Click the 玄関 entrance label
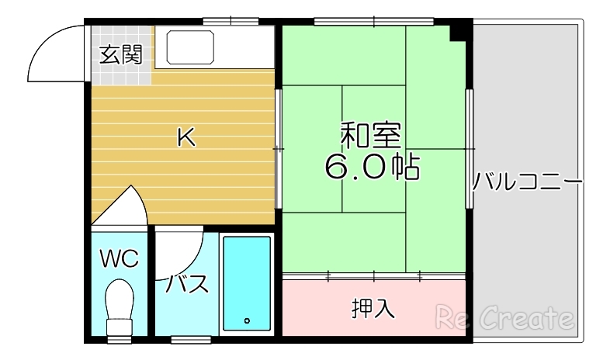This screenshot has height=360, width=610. [x=121, y=55]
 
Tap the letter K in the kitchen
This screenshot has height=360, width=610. [x=185, y=137]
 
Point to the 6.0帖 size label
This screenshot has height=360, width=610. [x=373, y=166]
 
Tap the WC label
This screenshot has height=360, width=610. [x=120, y=258]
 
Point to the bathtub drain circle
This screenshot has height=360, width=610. [x=247, y=320]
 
